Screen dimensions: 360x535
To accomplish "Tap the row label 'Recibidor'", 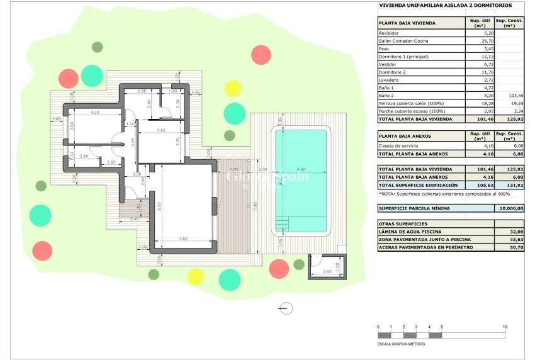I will coord(388,33).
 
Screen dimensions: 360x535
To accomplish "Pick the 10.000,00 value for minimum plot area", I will coord(510,208).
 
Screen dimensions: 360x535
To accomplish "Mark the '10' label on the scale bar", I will coord(505,327).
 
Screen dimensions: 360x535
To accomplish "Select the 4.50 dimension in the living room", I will coord(184,239).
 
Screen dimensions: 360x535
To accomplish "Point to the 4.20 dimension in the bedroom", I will coord(96,112).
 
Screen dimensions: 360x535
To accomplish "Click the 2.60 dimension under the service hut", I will coord(326,271).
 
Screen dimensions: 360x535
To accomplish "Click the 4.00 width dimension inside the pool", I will coord(301,169).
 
